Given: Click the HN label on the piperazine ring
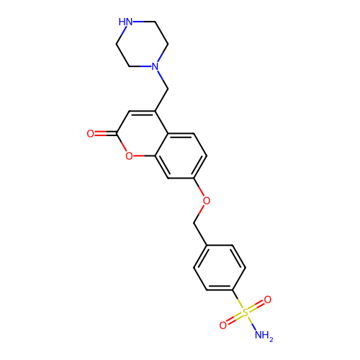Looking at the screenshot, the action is tap(125, 22).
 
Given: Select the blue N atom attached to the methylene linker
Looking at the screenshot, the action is tap(155, 66).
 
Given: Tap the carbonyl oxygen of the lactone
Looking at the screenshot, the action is tap(91, 134).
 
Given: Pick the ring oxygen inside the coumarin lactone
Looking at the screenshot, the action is tap(129, 156).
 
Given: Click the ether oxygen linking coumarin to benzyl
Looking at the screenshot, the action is tap(207, 201).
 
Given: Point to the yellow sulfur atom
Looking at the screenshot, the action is tap(246, 312).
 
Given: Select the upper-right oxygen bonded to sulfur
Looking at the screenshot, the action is tap(268, 300).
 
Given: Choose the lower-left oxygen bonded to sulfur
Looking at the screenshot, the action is tap(223, 325).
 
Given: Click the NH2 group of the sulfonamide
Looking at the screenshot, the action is tap(264, 336).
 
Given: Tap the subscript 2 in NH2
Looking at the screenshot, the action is tap(271, 339).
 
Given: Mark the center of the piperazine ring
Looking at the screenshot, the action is tap(142, 44).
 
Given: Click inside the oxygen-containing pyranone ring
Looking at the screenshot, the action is tap(142, 134).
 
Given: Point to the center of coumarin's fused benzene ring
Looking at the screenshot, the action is tap(181, 156).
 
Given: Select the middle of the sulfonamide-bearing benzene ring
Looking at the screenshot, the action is tap(220, 268).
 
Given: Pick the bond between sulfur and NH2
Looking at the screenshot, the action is tap(251, 323).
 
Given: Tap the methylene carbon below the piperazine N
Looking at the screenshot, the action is tap(168, 89).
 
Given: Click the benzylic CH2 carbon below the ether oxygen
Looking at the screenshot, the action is tap(194, 223).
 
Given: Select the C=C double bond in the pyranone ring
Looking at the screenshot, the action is tap(142, 112).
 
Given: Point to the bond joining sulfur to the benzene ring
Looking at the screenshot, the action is tap(238, 300).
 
